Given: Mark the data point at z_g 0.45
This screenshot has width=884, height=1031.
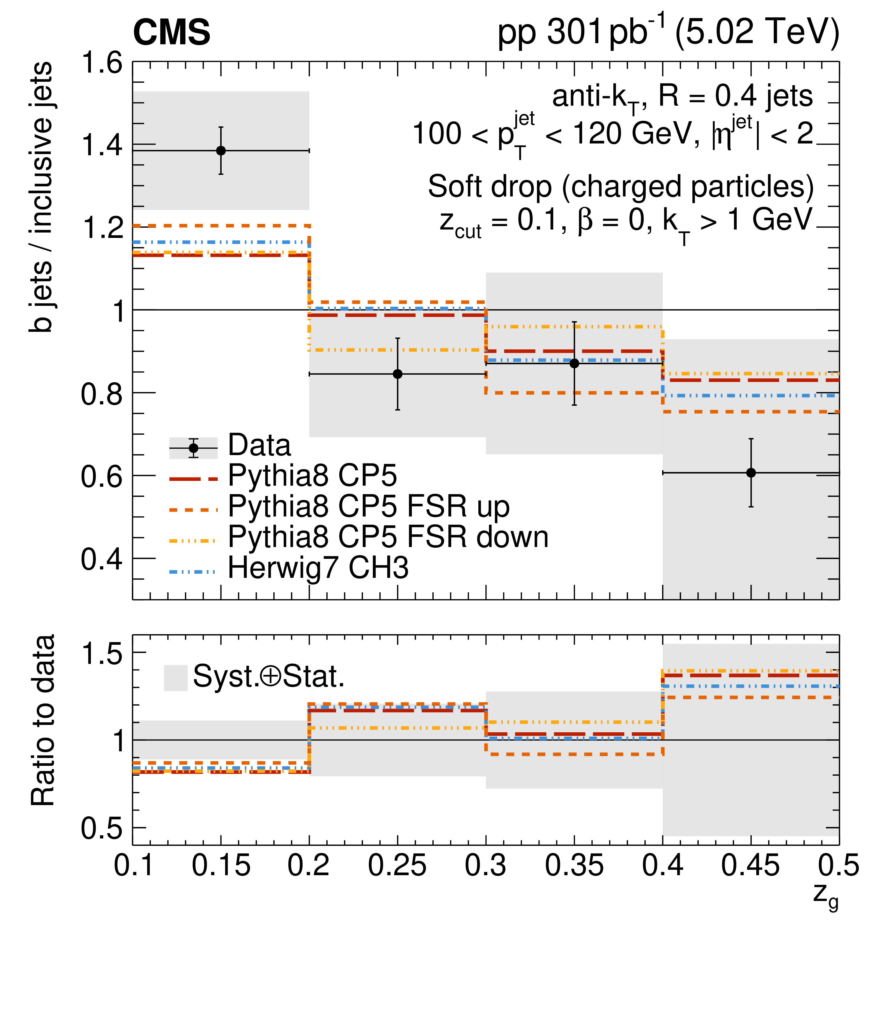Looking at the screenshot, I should tap(751, 473).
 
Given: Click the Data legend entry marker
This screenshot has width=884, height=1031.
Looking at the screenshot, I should tap(193, 448).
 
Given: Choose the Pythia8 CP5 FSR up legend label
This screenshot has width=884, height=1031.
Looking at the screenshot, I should tap(369, 507).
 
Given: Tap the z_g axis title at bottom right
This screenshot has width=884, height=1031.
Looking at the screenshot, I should tap(825, 896).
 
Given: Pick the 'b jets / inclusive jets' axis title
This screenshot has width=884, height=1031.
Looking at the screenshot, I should tap(41, 196).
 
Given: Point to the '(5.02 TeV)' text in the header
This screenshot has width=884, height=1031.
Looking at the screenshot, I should tap(757, 32).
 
